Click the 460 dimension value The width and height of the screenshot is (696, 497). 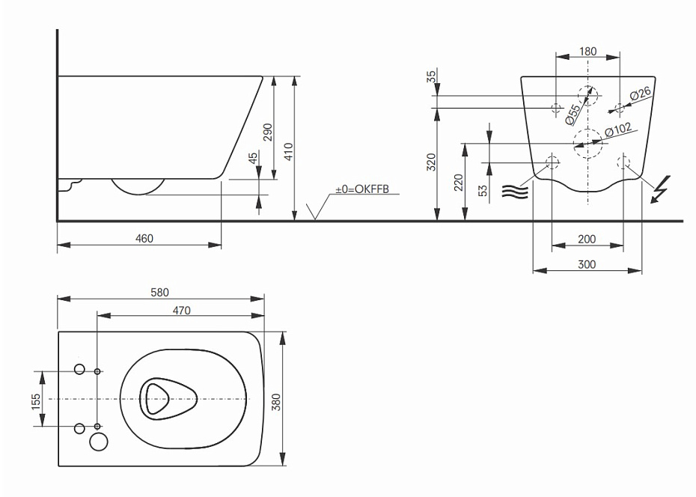(144, 239)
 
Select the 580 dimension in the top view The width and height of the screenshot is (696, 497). (160, 293)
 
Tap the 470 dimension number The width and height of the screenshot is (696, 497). (181, 311)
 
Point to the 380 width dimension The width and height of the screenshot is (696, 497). (276, 402)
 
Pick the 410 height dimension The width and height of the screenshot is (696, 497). (289, 152)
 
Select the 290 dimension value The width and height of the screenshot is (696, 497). (268, 132)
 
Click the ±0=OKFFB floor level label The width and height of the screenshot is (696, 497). (362, 189)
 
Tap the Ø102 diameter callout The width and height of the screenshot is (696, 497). (618, 130)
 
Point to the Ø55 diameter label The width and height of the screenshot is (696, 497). (573, 115)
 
